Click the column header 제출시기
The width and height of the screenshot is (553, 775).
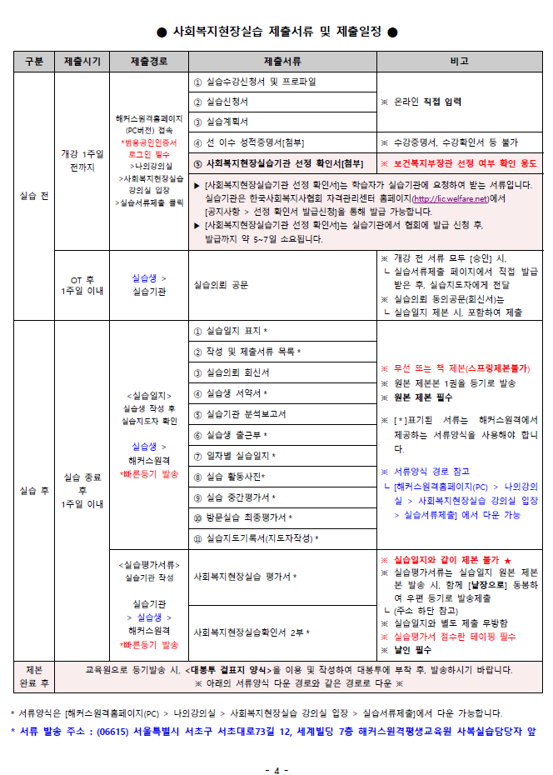[x=82, y=62]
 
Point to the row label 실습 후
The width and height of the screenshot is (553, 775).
[x=33, y=490]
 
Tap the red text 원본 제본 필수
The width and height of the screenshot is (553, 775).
[x=422, y=397]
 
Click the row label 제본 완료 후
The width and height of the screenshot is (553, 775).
[x=33, y=676]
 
